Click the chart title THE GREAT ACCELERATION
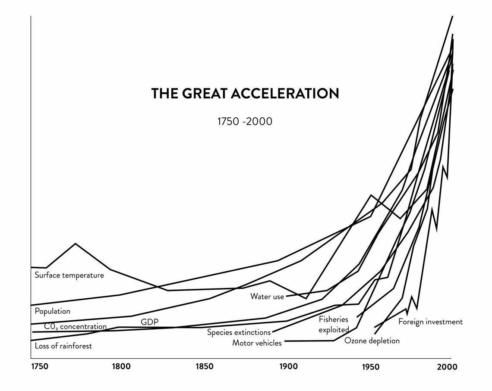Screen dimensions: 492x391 point(245,94)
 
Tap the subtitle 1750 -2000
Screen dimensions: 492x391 point(245,121)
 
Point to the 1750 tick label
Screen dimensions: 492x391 point(40,366)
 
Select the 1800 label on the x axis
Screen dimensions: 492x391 point(121,366)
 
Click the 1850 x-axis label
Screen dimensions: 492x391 point(204,366)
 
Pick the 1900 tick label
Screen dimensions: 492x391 point(289,366)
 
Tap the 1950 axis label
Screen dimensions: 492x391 point(371,366)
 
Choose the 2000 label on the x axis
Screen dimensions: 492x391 point(447,366)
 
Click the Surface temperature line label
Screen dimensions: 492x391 point(69,275)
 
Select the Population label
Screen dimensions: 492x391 point(52,311)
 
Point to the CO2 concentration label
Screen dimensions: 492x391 point(75,326)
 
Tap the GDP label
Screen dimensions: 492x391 point(150,322)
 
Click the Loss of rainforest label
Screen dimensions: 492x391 point(63,346)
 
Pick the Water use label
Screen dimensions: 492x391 point(267,297)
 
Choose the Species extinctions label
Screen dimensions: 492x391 point(239,332)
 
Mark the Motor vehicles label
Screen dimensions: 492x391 point(257,343)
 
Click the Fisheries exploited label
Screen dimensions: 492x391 point(334,325)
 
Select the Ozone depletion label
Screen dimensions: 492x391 point(372,341)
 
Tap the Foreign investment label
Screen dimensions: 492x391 point(431,322)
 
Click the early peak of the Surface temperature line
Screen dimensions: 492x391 point(75,244)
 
